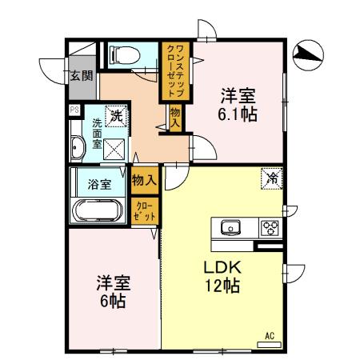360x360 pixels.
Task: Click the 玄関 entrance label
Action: click(81, 76)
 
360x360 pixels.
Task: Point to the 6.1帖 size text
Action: click(238, 114)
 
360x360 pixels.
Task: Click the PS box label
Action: click(74, 110)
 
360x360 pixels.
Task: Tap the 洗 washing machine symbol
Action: click(117, 116)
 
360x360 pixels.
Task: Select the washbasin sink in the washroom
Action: click(78, 148)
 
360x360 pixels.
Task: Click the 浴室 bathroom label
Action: click(99, 182)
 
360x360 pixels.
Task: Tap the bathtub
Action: click(97, 210)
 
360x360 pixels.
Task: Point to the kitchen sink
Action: click(230, 226)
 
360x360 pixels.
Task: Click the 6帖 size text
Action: click(113, 302)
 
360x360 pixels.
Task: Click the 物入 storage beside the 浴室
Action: click(143, 181)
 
